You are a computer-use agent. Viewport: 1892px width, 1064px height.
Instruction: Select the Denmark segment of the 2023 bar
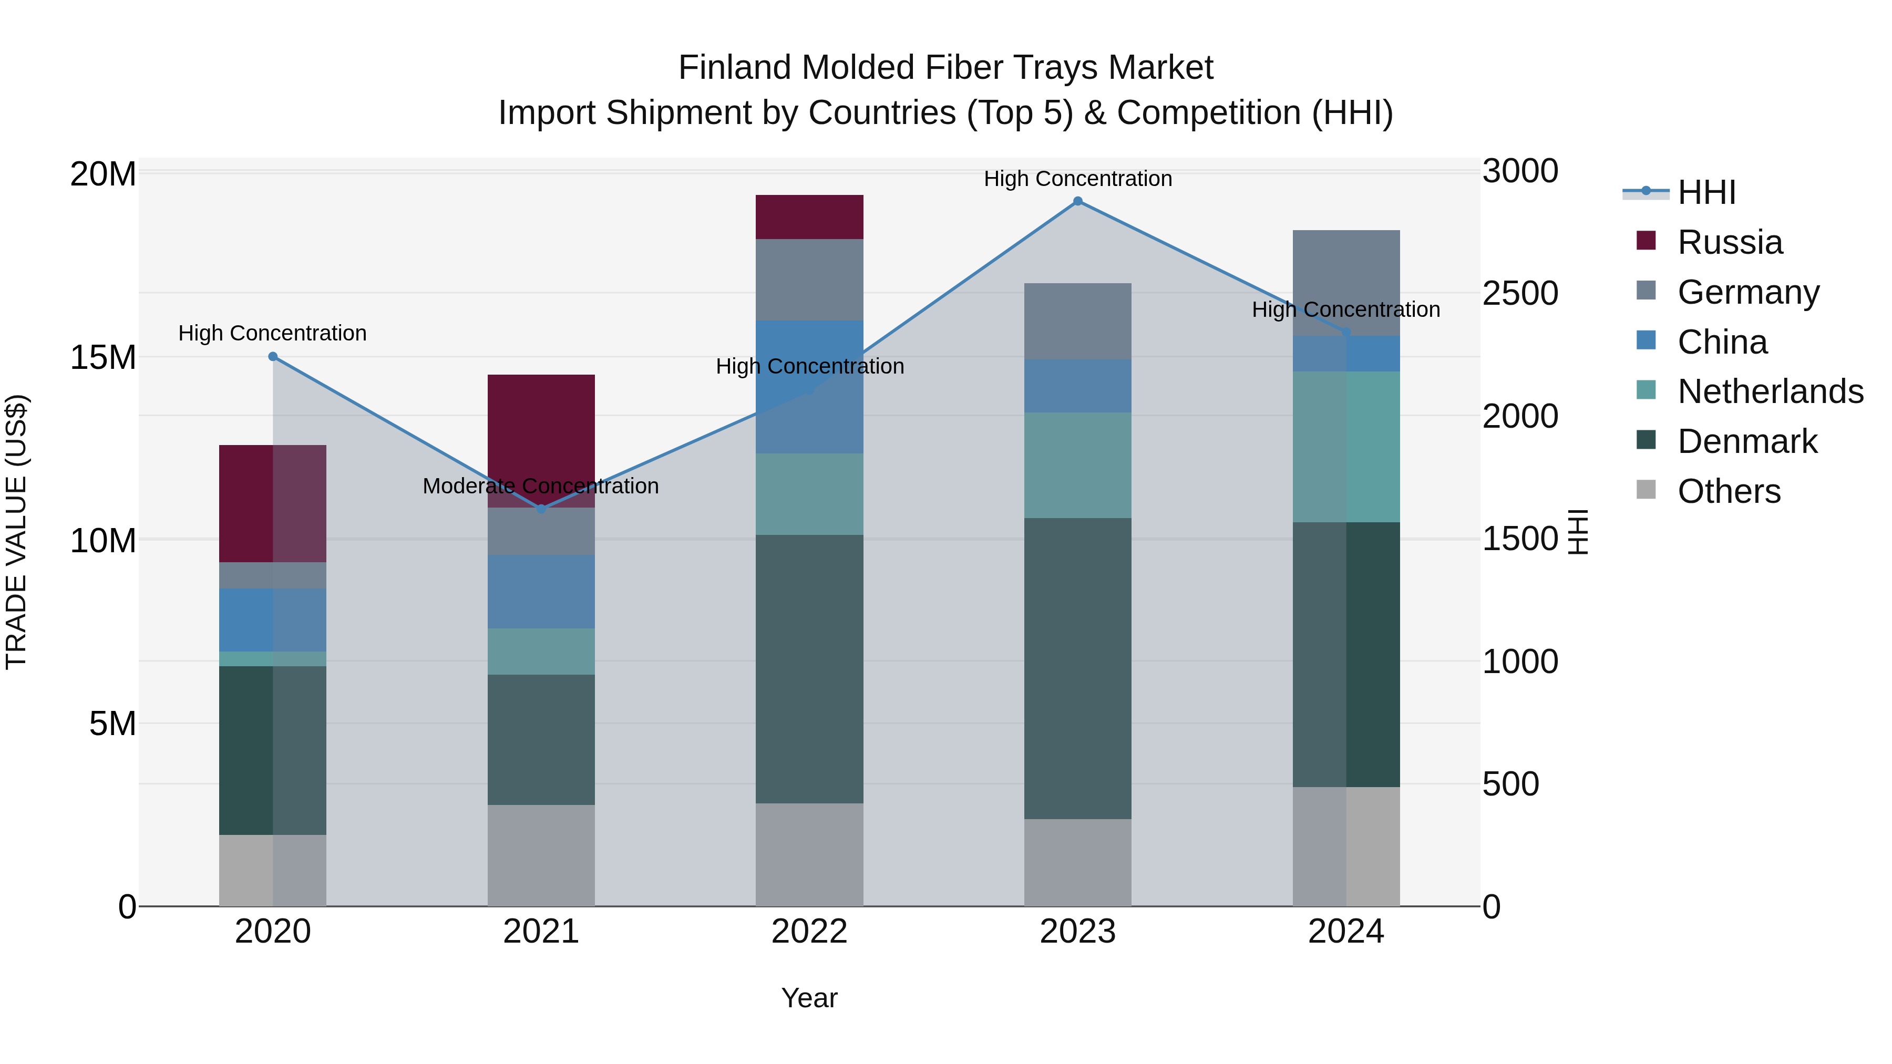click(1077, 668)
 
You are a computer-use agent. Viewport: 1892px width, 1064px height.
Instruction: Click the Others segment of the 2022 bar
click(809, 854)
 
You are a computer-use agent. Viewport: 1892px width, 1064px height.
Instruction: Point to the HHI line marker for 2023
click(1077, 201)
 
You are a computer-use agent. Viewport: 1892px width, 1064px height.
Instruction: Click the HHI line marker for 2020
click(272, 356)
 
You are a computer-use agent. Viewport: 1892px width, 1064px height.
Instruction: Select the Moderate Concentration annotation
click(541, 486)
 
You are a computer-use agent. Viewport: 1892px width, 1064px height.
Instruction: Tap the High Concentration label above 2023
click(1077, 179)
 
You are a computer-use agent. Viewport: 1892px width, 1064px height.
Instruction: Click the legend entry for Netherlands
click(1770, 391)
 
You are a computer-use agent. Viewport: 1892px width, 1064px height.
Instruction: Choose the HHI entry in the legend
click(1706, 192)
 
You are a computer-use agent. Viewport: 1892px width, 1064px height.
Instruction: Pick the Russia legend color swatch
click(1646, 241)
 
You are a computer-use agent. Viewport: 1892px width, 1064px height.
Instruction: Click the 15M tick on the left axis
click(103, 358)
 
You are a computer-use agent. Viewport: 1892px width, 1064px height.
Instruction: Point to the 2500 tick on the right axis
click(1519, 293)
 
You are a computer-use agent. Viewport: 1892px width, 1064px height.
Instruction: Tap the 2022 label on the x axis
click(809, 932)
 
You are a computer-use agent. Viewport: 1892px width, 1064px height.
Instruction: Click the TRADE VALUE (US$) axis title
click(16, 532)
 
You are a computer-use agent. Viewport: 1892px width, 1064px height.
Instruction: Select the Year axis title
click(809, 998)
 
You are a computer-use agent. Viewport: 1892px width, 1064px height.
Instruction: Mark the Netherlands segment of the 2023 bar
click(1077, 465)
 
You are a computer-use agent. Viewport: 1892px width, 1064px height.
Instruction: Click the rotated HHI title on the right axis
click(1578, 532)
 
